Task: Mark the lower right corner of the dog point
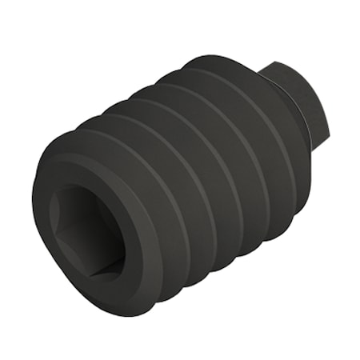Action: click(320, 149)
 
